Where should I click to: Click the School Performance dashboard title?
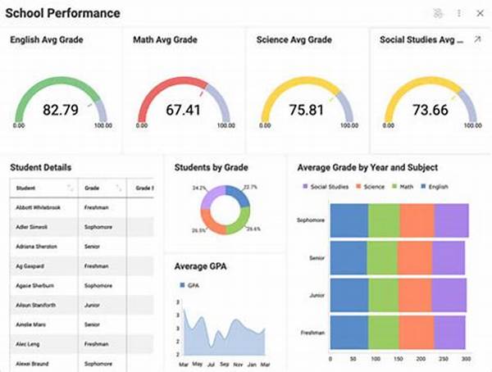coord(62,13)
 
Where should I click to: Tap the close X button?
coord(479,13)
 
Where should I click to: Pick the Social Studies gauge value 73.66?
coord(430,108)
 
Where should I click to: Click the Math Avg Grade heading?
coord(167,39)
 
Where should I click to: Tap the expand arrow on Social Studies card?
coord(478,39)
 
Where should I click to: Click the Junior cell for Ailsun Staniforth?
coord(93,305)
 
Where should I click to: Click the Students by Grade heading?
coord(211,167)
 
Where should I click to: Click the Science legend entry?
coord(370,187)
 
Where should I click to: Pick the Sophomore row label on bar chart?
coord(310,220)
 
